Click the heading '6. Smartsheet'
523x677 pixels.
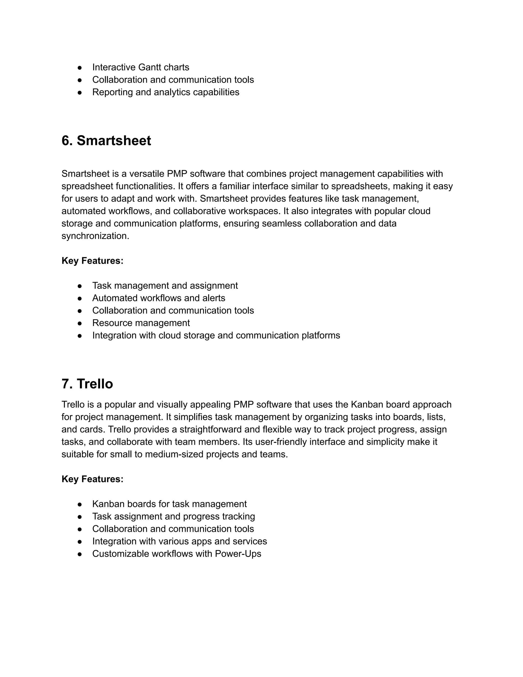tap(106, 141)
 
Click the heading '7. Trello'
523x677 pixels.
tap(87, 384)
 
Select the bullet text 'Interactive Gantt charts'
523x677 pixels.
tap(141, 67)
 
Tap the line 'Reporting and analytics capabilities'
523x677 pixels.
tap(165, 92)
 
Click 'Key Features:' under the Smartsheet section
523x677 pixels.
tap(92, 261)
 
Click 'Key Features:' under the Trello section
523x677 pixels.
tap(92, 479)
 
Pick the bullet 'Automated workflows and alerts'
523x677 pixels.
tap(159, 298)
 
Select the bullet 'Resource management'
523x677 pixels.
tap(141, 323)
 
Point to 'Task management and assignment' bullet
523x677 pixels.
tap(165, 286)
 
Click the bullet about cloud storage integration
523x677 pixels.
tap(216, 335)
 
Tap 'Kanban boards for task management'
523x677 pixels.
tap(170, 504)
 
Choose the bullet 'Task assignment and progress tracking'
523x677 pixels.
tap(173, 516)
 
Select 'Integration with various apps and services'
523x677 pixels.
tap(179, 541)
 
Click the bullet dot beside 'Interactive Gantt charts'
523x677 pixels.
tap(80, 68)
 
